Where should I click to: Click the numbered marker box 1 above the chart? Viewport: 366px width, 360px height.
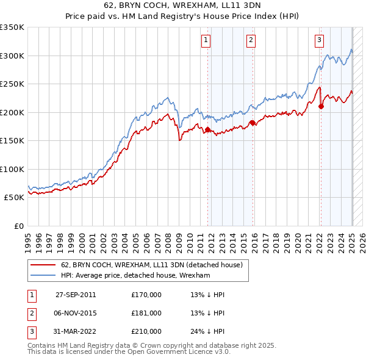pyautogui.click(x=206, y=41)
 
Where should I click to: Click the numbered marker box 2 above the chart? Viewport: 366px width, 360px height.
pyautogui.click(x=251, y=41)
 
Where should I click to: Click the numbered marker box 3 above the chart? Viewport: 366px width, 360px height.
pyautogui.click(x=319, y=41)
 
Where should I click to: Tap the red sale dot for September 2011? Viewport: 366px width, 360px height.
pyautogui.click(x=207, y=129)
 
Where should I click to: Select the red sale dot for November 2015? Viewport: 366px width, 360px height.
pyautogui.click(x=252, y=123)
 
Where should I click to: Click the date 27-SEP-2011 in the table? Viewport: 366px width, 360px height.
pyautogui.click(x=75, y=294)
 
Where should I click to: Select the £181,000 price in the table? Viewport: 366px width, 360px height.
pyautogui.click(x=146, y=313)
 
